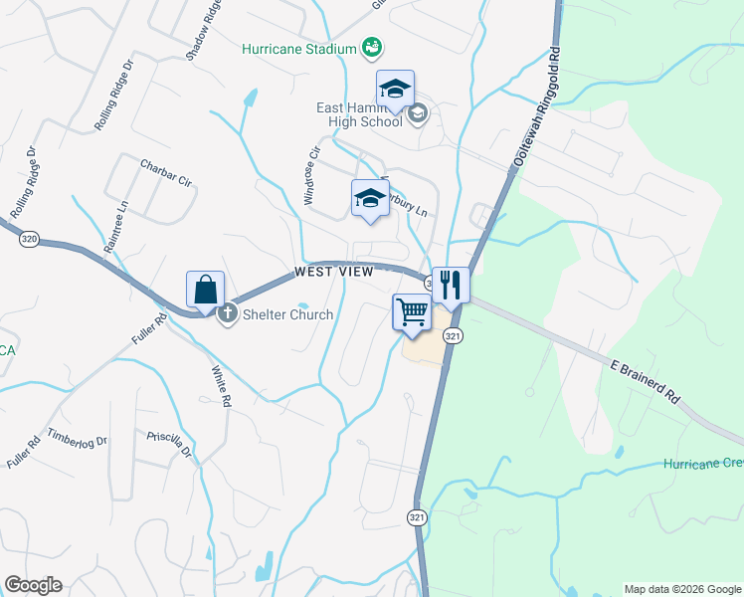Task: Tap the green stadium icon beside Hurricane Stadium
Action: coord(372,47)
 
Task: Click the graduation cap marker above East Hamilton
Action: coord(395,89)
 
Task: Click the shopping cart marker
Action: coord(412,311)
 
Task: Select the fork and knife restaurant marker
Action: coord(450,285)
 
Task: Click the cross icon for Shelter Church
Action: coord(227,314)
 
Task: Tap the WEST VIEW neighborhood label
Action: coord(333,272)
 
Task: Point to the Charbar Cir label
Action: coord(165,172)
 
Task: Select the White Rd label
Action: coord(221,387)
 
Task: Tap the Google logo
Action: coord(33,585)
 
